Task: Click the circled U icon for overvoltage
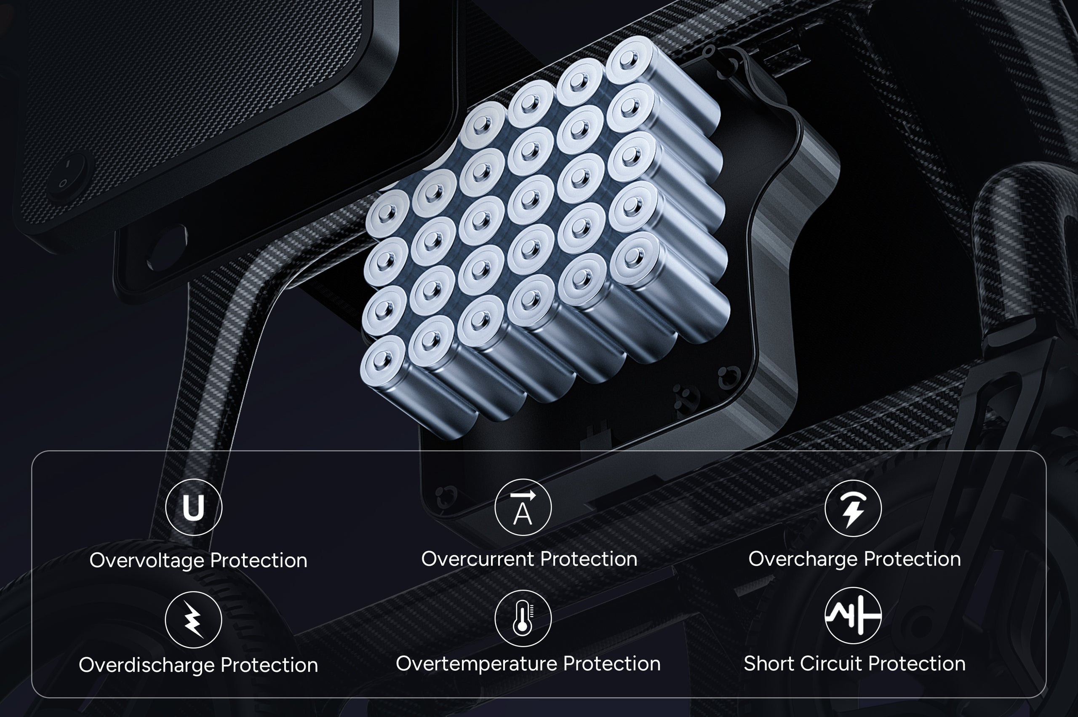193,507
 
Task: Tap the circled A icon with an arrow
523,507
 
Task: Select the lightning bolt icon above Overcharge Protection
853,508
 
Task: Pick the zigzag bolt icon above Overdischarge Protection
193,620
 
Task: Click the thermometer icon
523,619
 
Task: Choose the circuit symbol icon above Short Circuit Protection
853,615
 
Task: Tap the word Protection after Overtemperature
612,663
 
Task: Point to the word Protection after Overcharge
912,559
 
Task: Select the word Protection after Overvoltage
259,561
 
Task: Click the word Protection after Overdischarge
269,665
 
